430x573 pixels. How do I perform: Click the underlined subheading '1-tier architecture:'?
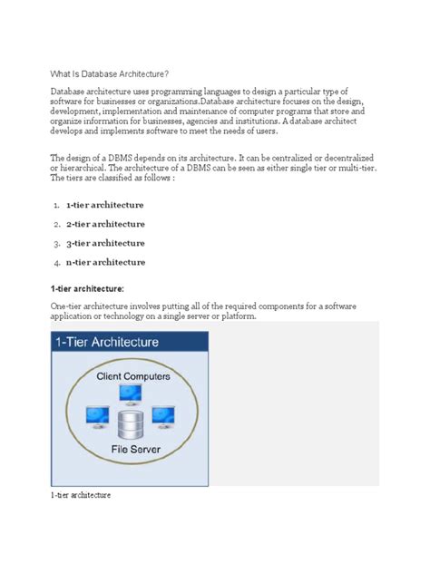coord(93,287)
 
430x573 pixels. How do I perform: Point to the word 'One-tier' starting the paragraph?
coord(69,307)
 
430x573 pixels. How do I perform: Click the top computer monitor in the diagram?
coord(130,394)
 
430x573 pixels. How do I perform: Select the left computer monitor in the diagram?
coord(97,416)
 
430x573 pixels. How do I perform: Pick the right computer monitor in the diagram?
coord(162,416)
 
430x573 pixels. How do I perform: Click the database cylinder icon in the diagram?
coord(131,424)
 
